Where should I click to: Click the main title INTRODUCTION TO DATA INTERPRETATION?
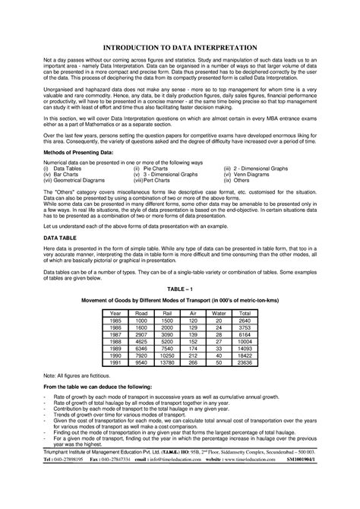pyautogui.click(x=180, y=46)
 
